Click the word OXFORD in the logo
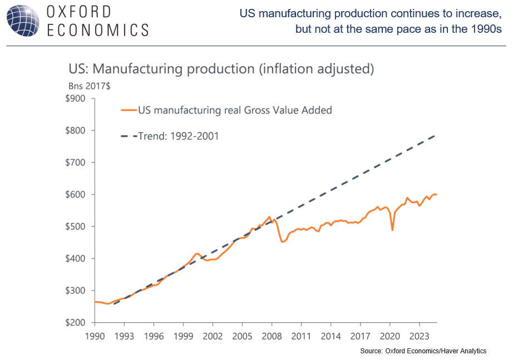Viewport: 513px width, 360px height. pyautogui.click(x=78, y=12)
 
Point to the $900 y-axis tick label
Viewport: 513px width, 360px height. pyautogui.click(x=75, y=99)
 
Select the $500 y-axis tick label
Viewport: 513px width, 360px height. pyautogui.click(x=75, y=227)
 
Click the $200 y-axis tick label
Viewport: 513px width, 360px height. pyautogui.click(x=75, y=323)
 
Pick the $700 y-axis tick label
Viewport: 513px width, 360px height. pyautogui.click(x=75, y=163)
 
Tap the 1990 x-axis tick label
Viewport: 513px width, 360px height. pyautogui.click(x=95, y=336)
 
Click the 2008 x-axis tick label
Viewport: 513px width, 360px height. pyautogui.click(x=272, y=336)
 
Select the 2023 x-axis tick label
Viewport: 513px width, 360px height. pyautogui.click(x=419, y=336)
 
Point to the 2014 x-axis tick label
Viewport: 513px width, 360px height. pyautogui.click(x=331, y=336)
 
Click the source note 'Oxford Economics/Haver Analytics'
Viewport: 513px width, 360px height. pyautogui.click(x=436, y=351)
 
